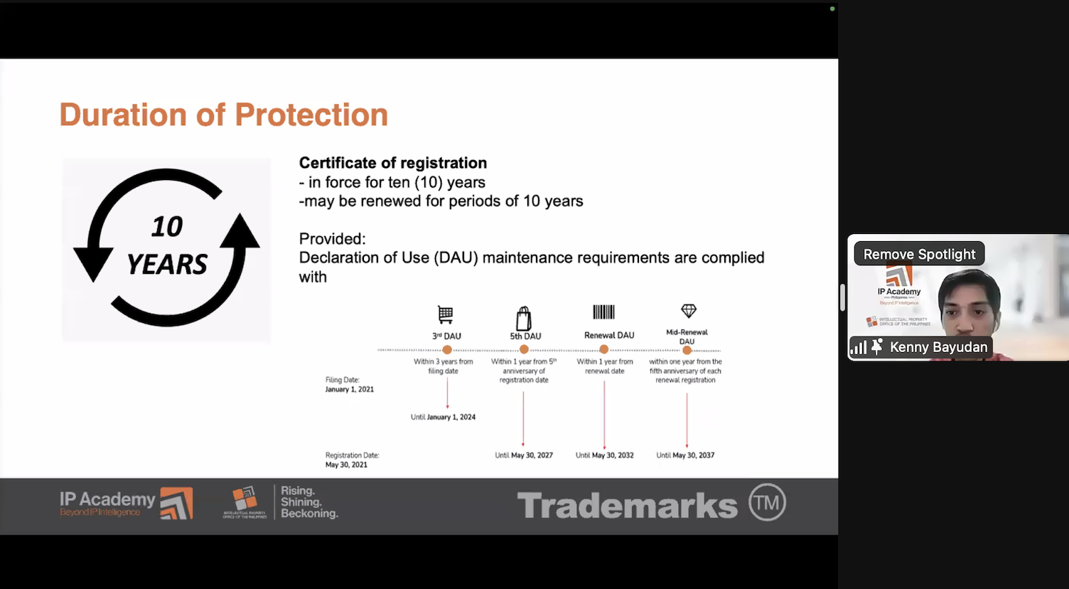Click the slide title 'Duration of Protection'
223,115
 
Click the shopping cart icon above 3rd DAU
446,314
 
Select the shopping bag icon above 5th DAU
524,318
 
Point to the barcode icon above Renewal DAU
603,312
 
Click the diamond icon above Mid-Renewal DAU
688,311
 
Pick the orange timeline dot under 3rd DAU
447,350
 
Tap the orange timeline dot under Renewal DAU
604,350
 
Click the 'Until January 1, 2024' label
443,418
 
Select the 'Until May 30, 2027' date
524,455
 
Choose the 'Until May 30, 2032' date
604,455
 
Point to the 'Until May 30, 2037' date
685,455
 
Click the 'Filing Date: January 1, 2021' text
349,385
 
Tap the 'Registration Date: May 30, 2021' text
352,460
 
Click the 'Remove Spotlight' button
919,255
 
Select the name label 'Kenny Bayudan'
938,347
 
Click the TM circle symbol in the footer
767,503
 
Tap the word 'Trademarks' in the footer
627,506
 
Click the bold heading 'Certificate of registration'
392,163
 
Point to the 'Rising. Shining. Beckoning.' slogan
308,502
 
